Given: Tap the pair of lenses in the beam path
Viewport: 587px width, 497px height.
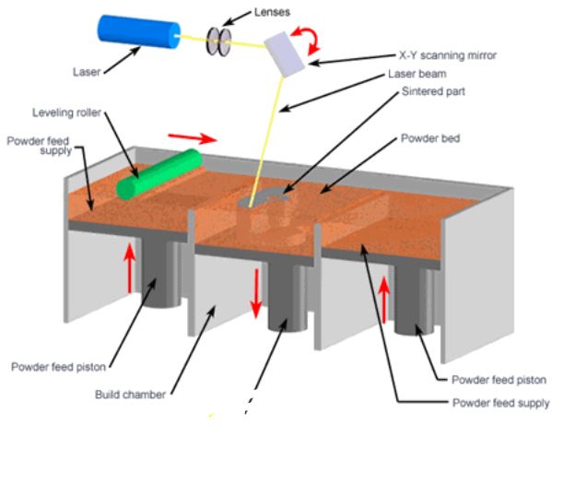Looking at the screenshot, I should pos(220,42).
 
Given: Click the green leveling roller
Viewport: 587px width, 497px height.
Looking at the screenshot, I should pos(158,173).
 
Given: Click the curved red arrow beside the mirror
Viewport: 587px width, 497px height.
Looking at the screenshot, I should pos(314,37).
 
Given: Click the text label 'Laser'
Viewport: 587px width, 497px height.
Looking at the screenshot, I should pos(87,71).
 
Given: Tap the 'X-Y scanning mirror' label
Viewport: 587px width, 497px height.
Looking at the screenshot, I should pos(447,55).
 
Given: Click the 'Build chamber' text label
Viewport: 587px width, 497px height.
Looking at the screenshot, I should pos(131,395).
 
